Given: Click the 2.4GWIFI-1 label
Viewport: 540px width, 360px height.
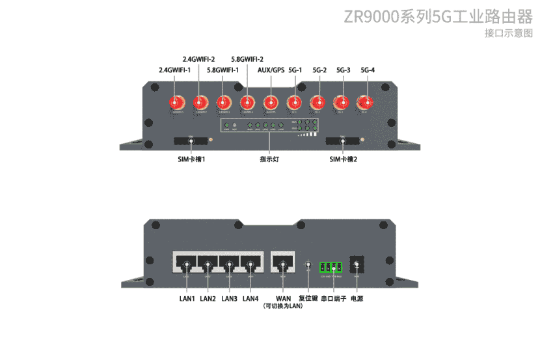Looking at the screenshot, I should coord(175,70).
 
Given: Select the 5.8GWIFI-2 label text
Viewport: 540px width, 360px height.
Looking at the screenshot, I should coord(247,59).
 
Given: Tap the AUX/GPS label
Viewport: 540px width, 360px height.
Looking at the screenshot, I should coord(271,70).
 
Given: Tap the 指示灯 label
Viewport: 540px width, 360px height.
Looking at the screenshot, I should coord(269,159).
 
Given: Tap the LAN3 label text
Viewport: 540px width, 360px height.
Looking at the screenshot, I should coord(229,299).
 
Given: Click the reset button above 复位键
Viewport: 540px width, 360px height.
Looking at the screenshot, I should coord(308,265).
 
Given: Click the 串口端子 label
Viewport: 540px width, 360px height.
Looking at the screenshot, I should coord(333,299).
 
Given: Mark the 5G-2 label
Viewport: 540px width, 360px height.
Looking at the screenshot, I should coord(319,70).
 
